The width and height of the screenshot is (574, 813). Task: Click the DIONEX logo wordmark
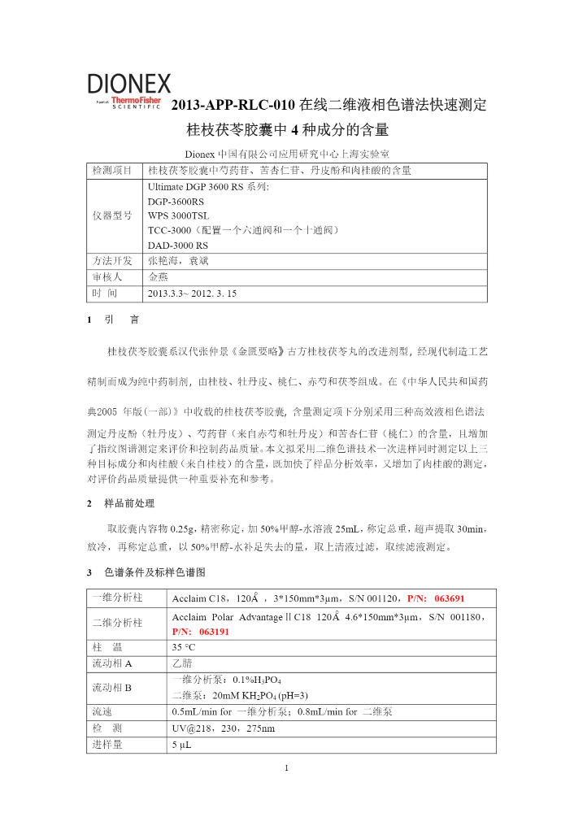(129, 83)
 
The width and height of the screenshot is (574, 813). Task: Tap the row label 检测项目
(112, 171)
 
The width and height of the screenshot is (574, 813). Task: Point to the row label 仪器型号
(112, 215)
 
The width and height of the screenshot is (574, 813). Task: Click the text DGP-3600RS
(176, 201)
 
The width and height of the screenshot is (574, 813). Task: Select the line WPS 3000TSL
(179, 215)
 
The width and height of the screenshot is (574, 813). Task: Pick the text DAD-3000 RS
(178, 245)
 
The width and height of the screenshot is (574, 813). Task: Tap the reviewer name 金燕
(159, 276)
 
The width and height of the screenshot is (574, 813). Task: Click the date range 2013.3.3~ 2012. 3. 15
(193, 292)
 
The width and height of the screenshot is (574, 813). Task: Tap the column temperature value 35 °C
(184, 647)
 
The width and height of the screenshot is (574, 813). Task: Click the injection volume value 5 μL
(181, 744)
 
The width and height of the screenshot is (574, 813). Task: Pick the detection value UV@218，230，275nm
(224, 728)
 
